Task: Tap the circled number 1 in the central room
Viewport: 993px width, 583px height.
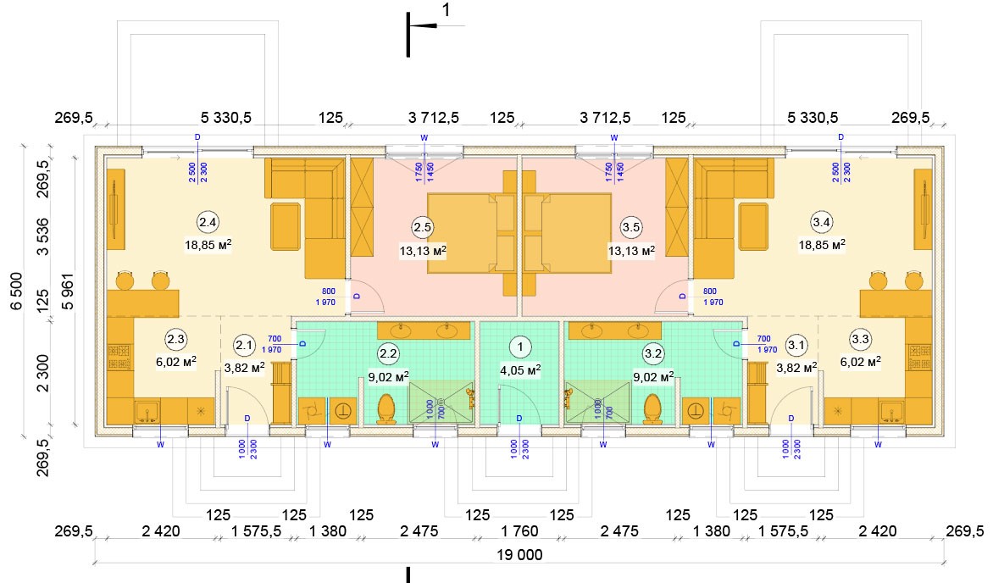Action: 519,346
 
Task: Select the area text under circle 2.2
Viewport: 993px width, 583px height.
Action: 390,375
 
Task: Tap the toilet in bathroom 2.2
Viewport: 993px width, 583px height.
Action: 387,408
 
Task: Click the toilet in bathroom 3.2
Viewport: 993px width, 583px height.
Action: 652,408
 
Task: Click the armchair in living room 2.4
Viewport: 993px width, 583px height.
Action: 285,226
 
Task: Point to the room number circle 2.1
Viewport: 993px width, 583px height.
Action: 244,345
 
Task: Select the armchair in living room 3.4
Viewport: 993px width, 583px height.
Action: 752,226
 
